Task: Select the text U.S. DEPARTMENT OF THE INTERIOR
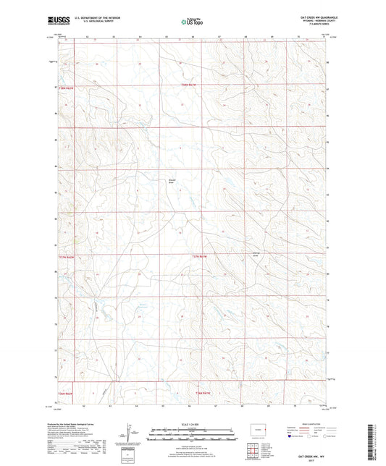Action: coord(100,17)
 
